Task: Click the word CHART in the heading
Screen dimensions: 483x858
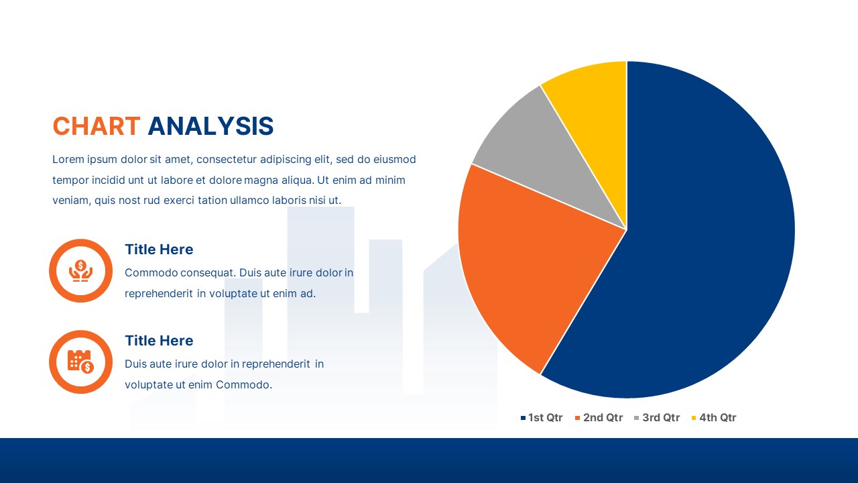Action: coord(97,126)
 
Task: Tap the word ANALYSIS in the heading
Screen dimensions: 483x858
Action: coord(210,126)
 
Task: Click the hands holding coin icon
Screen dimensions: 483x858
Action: coord(80,270)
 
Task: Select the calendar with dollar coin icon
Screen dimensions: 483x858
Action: coord(80,362)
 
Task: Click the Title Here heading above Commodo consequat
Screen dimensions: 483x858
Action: coord(159,250)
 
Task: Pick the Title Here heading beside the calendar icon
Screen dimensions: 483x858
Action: coord(159,341)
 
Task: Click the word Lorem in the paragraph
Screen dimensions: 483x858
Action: coord(68,160)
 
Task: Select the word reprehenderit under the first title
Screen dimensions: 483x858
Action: coord(159,293)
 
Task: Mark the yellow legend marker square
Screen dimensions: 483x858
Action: coord(694,418)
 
